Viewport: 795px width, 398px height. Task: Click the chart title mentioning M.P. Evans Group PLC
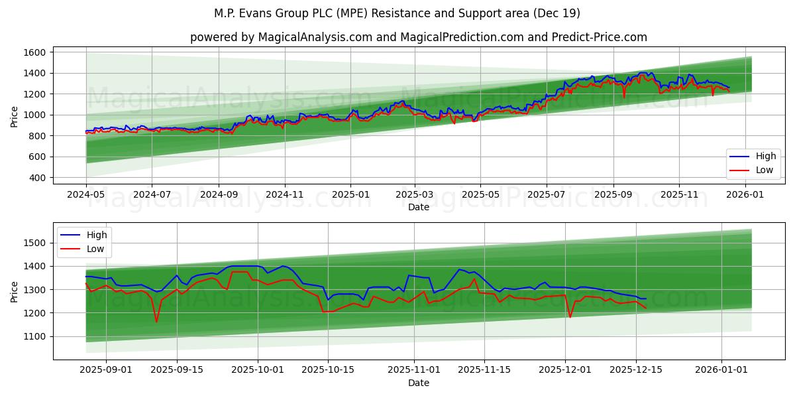tap(397, 13)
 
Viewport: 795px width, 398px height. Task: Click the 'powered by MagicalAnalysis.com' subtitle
tap(418, 37)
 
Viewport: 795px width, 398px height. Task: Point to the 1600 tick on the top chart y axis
tap(34, 52)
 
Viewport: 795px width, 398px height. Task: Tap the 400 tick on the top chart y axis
tap(37, 178)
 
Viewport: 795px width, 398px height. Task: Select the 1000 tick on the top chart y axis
tap(34, 115)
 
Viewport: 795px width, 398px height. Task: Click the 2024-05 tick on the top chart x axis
tap(86, 196)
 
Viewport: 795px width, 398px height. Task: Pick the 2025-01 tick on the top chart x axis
tap(350, 196)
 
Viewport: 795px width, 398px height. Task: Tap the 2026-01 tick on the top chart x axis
tap(745, 196)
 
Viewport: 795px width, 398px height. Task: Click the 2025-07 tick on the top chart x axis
tap(547, 196)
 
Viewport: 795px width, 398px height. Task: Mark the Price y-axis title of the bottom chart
tap(14, 291)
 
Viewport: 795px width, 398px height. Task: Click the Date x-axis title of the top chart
tap(418, 207)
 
